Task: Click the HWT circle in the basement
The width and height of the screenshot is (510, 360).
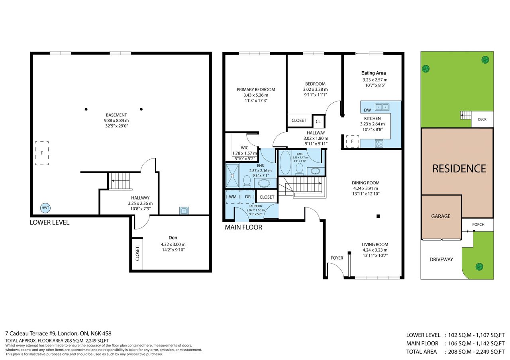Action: (45, 208)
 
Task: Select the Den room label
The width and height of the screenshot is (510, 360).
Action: (173, 238)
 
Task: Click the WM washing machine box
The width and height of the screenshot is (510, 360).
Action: (233, 197)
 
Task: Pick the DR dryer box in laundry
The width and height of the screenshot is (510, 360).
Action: (248, 197)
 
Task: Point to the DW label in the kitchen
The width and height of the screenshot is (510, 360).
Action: (367, 110)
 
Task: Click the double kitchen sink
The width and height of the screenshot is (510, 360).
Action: (382, 107)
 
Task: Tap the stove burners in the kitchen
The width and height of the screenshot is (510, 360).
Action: (379, 144)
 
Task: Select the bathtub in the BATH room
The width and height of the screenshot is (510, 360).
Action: (286, 162)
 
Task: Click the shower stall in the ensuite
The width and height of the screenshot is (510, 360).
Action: (232, 176)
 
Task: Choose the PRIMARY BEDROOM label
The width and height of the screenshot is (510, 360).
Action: (256, 90)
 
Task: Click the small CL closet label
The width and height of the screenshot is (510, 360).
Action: (318, 121)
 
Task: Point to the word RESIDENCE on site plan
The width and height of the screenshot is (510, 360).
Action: (459, 168)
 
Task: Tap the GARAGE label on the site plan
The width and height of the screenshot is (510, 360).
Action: (441, 216)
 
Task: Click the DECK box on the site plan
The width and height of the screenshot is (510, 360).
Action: (482, 119)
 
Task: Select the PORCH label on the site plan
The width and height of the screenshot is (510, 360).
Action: (478, 225)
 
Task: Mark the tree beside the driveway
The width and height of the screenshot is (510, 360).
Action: (479, 266)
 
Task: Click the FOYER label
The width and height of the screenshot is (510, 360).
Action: (337, 258)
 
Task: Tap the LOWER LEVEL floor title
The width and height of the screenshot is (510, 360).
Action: (49, 222)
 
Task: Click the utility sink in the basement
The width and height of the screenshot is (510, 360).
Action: (184, 211)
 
